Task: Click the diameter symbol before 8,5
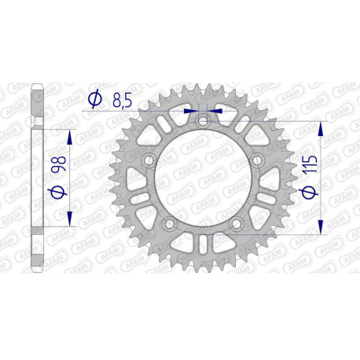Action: coord(95,99)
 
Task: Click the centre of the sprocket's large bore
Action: coord(204,180)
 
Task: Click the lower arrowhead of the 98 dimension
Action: coord(72,222)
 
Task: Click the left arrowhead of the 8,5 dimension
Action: coord(189,112)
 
